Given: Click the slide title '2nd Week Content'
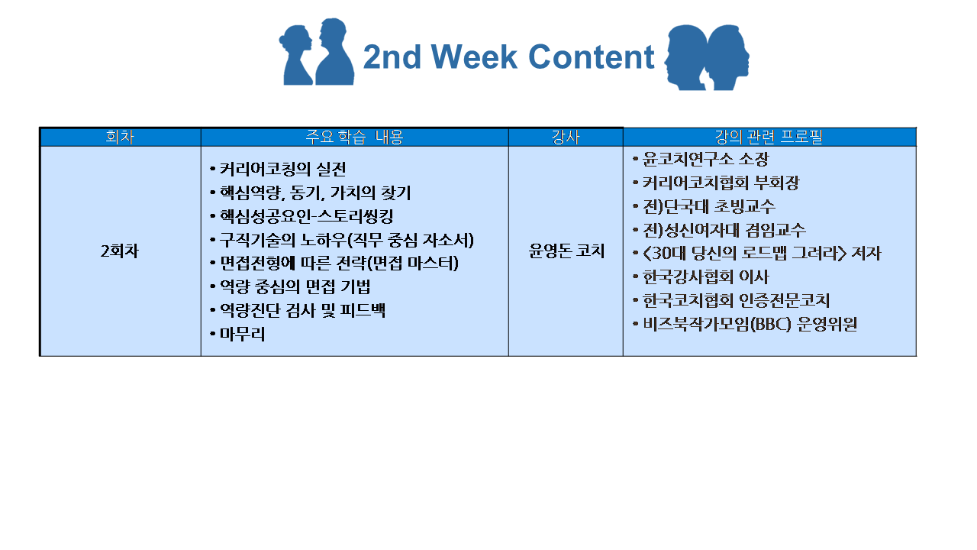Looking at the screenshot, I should click(x=508, y=57).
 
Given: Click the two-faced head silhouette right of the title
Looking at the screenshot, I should click(x=707, y=57).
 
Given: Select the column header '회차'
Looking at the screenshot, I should click(x=120, y=137).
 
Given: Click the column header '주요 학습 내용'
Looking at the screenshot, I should click(x=354, y=137).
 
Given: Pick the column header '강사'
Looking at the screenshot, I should click(x=566, y=137).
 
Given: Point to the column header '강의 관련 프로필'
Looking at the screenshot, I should click(x=769, y=137).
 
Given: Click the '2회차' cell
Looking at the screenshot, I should click(x=120, y=251).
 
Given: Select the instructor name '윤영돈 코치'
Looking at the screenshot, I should click(x=566, y=251).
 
